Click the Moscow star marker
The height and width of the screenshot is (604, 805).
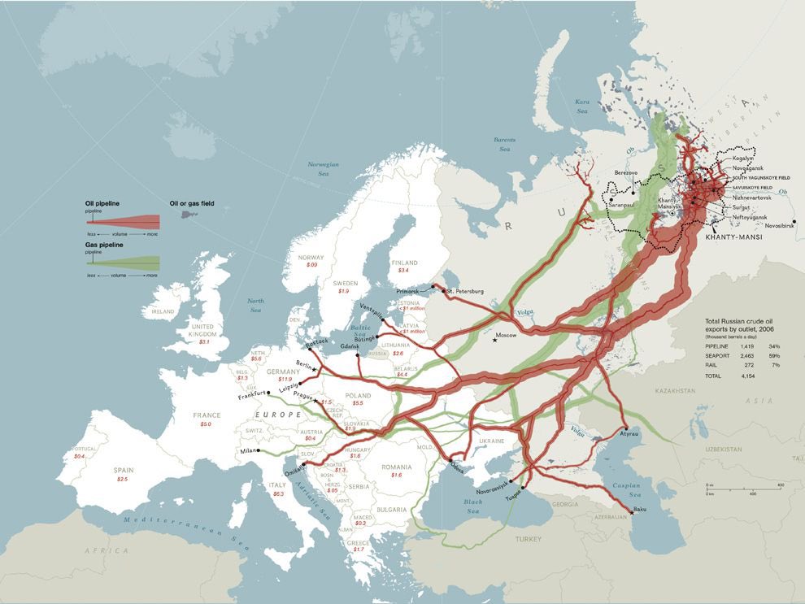(495, 339)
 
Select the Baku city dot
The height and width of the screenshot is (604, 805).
(632, 512)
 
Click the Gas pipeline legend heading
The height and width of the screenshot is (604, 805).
(103, 245)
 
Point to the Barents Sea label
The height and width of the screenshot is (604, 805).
(504, 145)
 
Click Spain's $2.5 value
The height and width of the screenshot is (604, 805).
(122, 479)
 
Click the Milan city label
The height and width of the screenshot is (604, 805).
(247, 450)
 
